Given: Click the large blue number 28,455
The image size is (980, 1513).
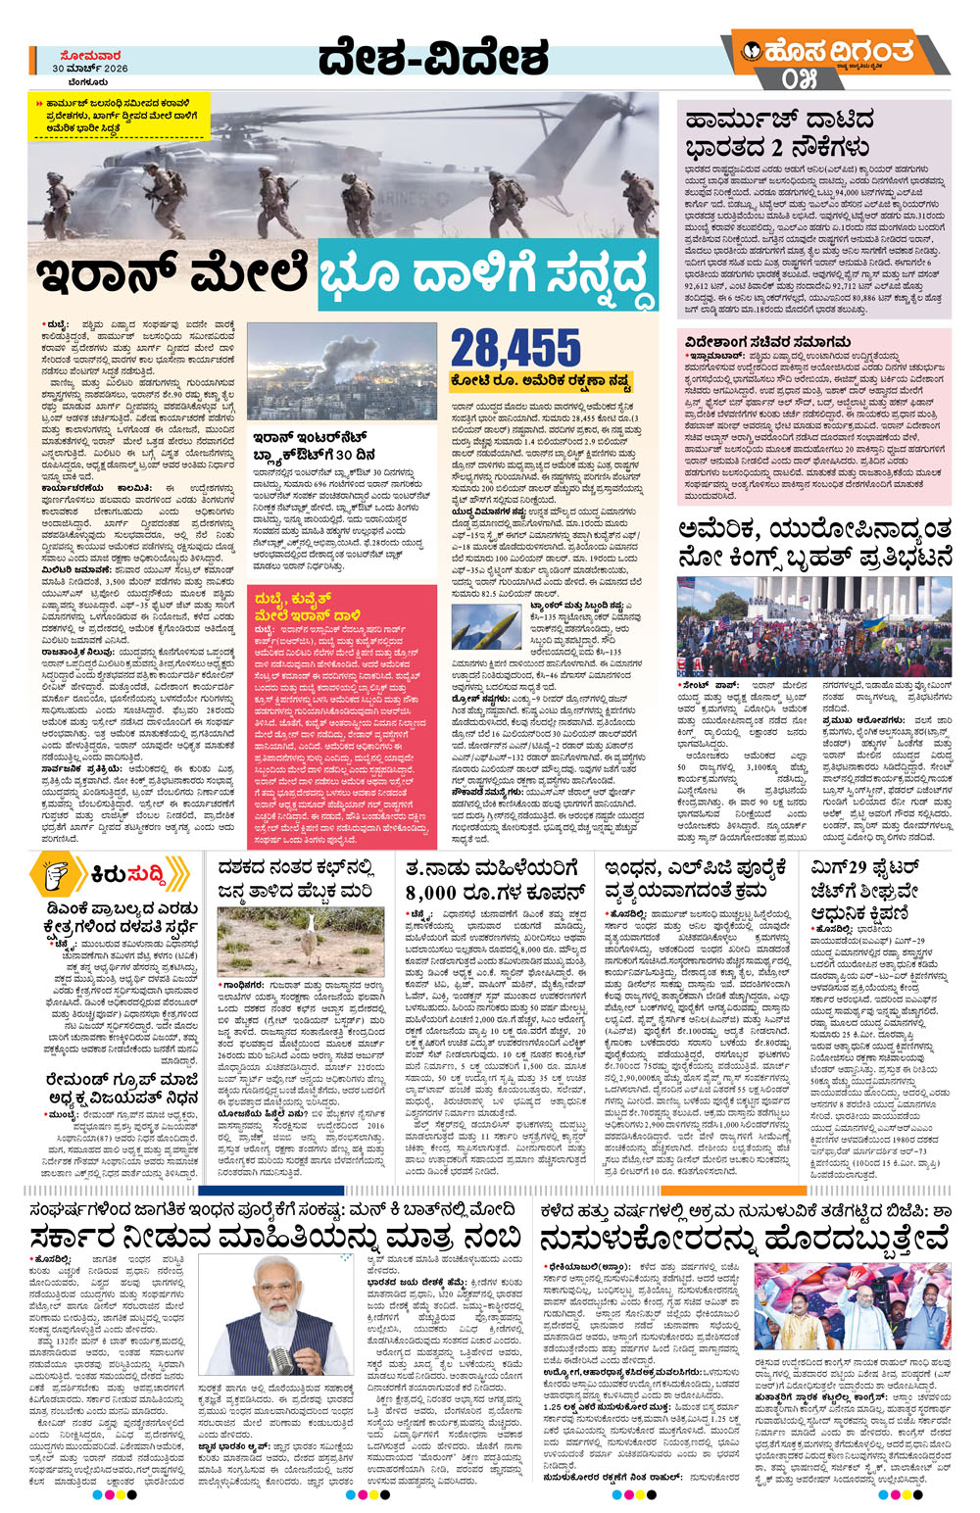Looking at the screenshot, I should [515, 349].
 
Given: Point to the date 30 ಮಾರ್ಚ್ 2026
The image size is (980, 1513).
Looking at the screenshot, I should [90, 70].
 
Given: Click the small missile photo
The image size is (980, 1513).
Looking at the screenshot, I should [485, 628].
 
